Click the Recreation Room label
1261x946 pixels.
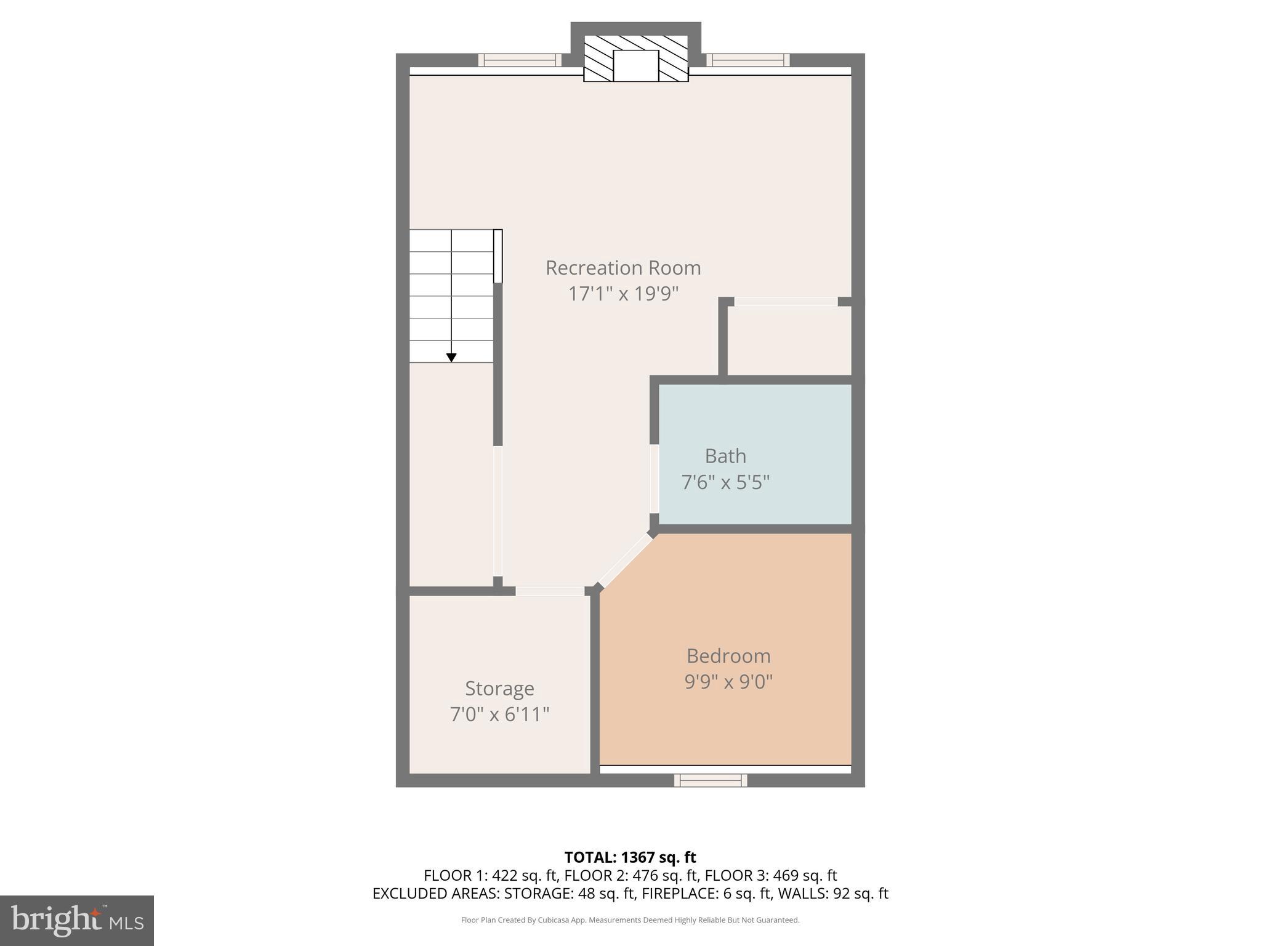coord(623,268)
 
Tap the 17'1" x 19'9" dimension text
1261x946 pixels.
coord(623,294)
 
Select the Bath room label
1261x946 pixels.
coord(725,456)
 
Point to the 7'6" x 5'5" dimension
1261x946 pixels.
coord(725,482)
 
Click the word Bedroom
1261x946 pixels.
coord(728,656)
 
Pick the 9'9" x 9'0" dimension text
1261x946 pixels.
coord(728,682)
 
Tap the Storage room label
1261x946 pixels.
coord(499,688)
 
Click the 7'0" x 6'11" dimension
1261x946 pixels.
coord(499,714)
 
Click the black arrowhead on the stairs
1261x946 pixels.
coord(451,357)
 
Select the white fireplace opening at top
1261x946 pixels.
coord(636,66)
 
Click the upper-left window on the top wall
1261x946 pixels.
coord(520,60)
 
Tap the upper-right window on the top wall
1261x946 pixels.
coord(747,60)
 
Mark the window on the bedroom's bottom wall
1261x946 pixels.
coord(711,780)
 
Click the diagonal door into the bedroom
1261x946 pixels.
coord(625,560)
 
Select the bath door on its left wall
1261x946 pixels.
coord(655,479)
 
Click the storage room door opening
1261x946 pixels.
coord(550,591)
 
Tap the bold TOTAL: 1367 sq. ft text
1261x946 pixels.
coord(630,857)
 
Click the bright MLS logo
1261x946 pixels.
coord(77,920)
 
